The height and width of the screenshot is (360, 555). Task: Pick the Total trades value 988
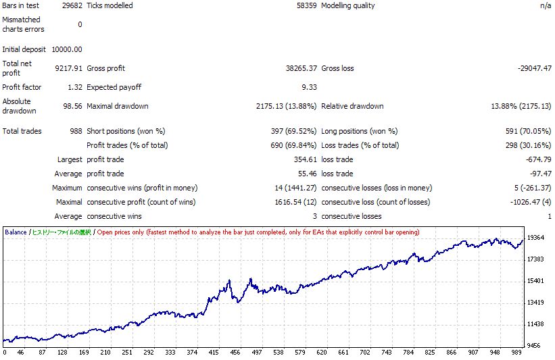[x=75, y=131]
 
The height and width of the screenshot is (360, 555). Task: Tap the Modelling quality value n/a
[x=545, y=5]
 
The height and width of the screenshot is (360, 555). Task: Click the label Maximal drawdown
[x=118, y=106]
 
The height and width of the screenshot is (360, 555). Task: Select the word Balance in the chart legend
[x=16, y=232]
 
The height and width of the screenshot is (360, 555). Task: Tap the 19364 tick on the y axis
[x=535, y=238]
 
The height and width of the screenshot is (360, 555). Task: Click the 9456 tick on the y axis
[x=535, y=346]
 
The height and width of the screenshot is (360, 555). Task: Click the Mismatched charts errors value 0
[x=80, y=24]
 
